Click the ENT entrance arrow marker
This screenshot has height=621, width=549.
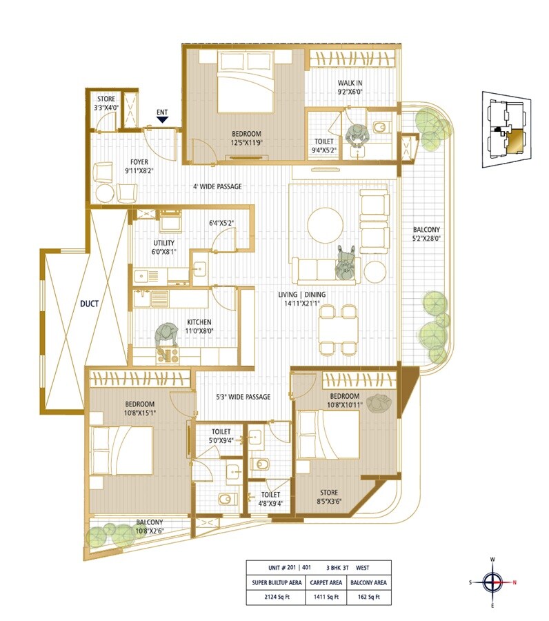pyautogui.click(x=162, y=119)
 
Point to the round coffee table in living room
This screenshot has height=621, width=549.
pyautogui.click(x=325, y=225)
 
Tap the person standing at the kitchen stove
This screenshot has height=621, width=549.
pyautogui.click(x=166, y=337)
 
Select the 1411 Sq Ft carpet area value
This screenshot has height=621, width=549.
pyautogui.click(x=326, y=598)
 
